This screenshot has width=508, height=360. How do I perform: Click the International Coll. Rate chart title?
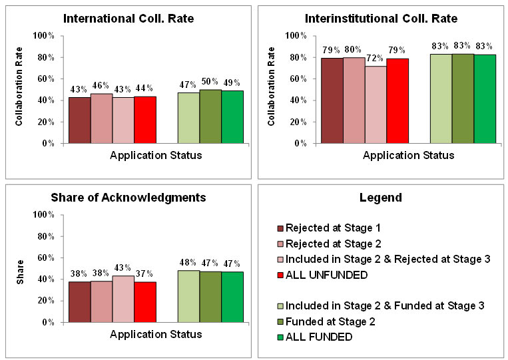(x=128, y=18)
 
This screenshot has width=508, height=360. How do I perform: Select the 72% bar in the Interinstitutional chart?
(x=376, y=104)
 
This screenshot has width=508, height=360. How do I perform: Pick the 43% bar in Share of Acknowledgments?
(x=123, y=299)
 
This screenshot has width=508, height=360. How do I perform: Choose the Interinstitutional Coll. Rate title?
(x=381, y=18)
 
